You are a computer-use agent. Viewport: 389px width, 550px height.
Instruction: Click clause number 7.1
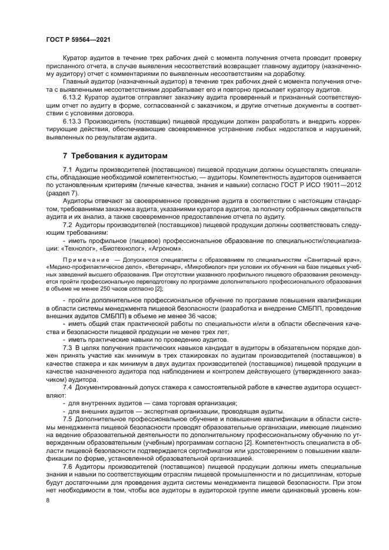(x=67, y=169)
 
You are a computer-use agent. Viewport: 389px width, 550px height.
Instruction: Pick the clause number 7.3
(x=67, y=348)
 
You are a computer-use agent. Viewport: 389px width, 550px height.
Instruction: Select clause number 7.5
(x=67, y=418)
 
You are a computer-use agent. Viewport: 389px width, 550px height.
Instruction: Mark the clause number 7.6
(x=67, y=465)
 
